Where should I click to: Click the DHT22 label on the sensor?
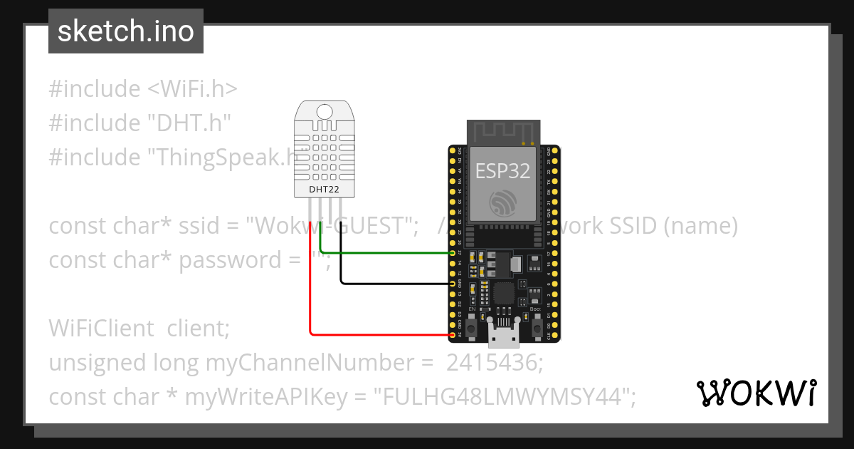pyautogui.click(x=324, y=190)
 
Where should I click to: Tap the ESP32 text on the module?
pyautogui.click(x=502, y=171)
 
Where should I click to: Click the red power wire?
pyautogui.click(x=310, y=285)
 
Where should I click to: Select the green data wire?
pyautogui.click(x=388, y=252)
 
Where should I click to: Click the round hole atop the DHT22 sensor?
pyautogui.click(x=324, y=111)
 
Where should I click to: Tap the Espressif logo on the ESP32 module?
pyautogui.click(x=502, y=204)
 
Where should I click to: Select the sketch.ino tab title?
pyautogui.click(x=126, y=31)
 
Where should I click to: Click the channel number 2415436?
pyautogui.click(x=494, y=363)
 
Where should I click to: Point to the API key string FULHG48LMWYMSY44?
pyautogui.click(x=505, y=396)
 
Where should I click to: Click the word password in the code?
pyautogui.click(x=231, y=260)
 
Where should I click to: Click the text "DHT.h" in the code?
pyautogui.click(x=189, y=123)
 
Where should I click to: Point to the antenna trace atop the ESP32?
pyautogui.click(x=502, y=132)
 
